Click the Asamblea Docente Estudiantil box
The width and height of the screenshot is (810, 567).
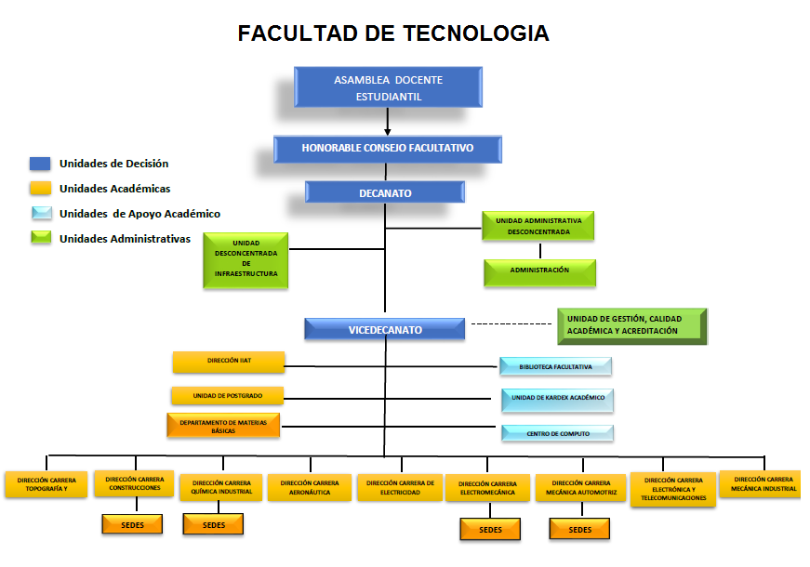click(x=388, y=87)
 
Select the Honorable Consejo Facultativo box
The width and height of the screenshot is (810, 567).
click(x=388, y=149)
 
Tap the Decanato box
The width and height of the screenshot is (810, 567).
click(x=385, y=192)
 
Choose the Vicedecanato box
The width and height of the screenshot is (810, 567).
click(x=385, y=330)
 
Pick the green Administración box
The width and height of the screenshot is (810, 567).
click(x=539, y=271)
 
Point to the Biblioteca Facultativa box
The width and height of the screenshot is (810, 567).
click(x=555, y=366)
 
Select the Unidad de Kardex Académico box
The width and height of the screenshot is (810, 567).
click(x=557, y=399)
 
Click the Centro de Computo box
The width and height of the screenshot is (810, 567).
click(x=557, y=433)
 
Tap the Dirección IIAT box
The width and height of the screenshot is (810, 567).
click(x=228, y=361)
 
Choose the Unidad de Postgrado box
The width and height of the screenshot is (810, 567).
click(x=227, y=395)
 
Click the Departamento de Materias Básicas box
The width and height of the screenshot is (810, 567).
click(x=223, y=426)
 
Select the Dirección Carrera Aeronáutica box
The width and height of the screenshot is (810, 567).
click(x=309, y=487)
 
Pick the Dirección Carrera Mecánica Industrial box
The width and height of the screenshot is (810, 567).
click(x=760, y=484)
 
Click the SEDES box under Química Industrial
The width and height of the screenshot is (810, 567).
click(x=213, y=524)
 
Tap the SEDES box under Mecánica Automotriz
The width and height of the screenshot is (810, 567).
click(x=579, y=529)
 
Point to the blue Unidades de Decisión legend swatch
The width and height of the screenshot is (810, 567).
click(x=39, y=164)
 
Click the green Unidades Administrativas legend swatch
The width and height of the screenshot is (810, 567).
click(x=39, y=238)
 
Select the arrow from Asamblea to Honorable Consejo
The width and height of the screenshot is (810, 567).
click(x=388, y=121)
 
